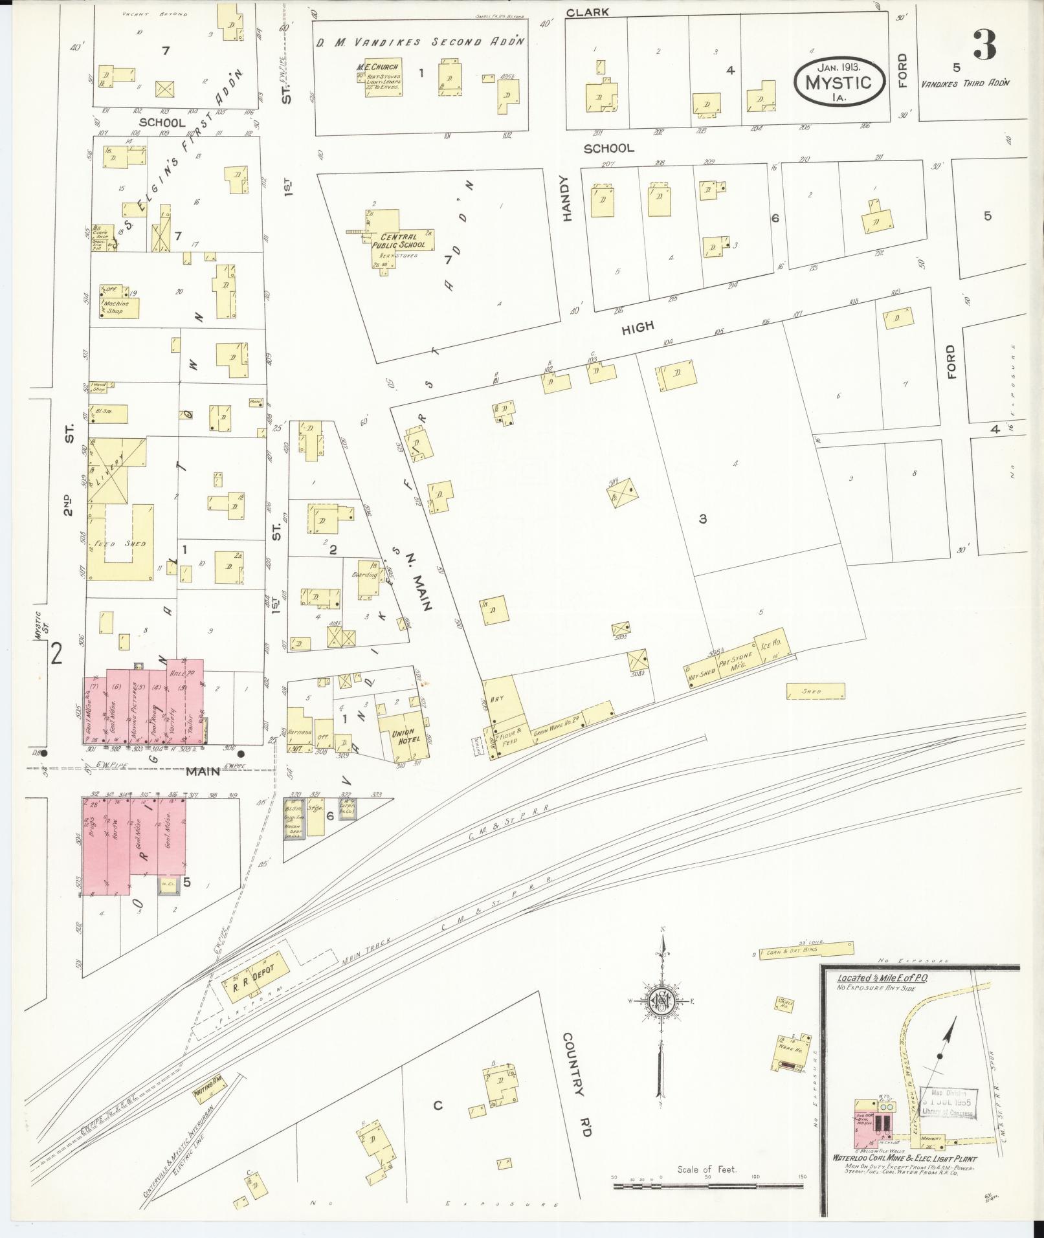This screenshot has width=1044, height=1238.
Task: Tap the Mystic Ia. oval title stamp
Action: (839, 82)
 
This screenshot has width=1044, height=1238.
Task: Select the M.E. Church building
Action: (383, 78)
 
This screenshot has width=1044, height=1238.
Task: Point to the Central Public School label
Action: (403, 241)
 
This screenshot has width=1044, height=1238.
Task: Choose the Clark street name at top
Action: (587, 12)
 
